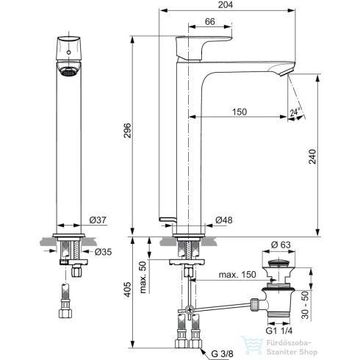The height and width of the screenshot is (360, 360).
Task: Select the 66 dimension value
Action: [209, 23]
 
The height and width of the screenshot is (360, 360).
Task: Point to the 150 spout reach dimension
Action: [239, 111]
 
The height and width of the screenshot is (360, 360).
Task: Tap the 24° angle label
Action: [295, 112]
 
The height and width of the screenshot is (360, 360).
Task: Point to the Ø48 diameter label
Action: [224, 220]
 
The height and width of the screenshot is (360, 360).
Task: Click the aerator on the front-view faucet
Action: [67, 72]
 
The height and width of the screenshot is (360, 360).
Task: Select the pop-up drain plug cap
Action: [276, 260]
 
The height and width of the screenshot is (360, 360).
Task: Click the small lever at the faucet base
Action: [167, 218]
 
